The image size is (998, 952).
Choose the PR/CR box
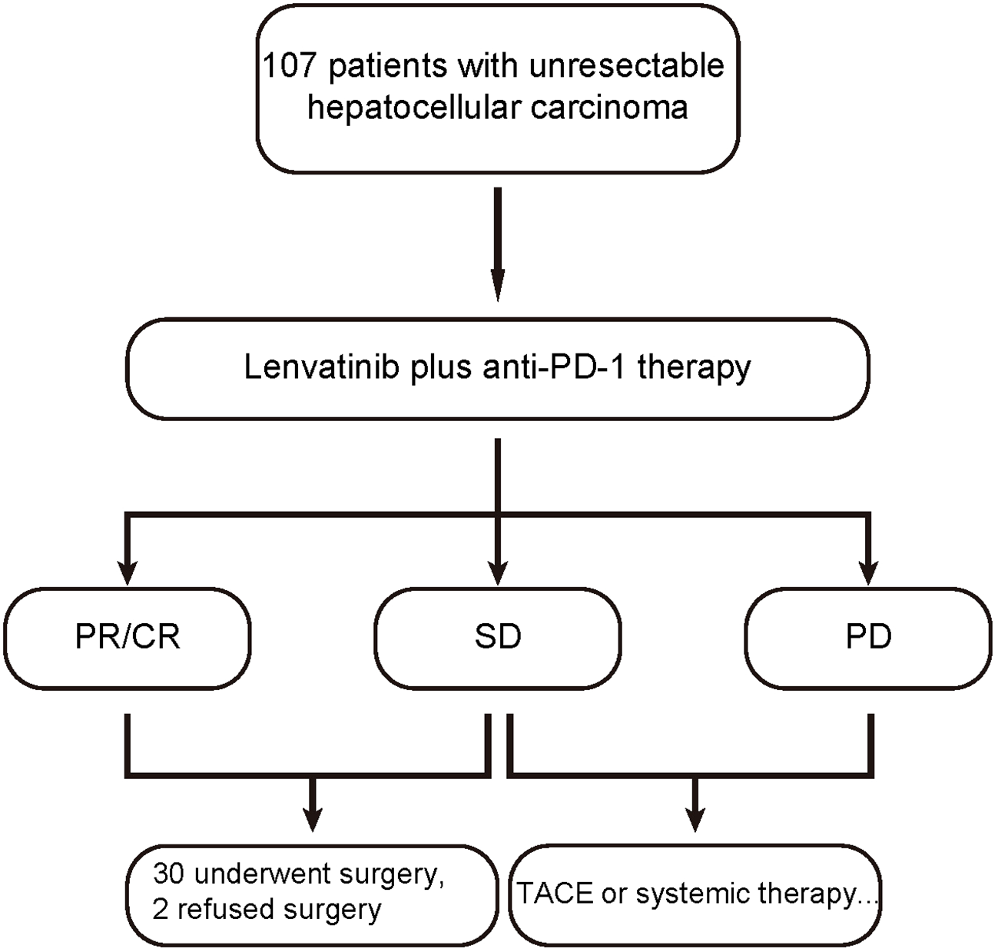(128, 637)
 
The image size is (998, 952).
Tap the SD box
(498, 637)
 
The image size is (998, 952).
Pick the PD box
(868, 637)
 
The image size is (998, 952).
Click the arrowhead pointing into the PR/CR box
(128, 572)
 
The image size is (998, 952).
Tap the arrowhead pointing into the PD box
(869, 572)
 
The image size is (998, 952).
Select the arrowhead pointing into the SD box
(498, 572)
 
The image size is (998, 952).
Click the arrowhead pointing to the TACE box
(695, 819)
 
